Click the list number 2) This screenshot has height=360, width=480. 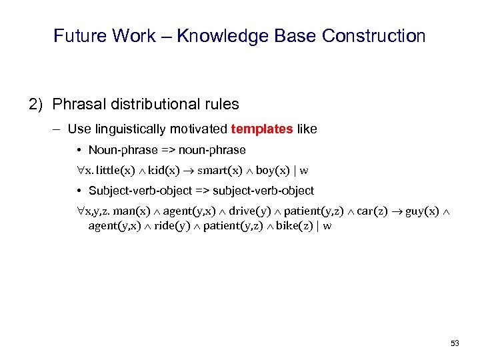(x=37, y=104)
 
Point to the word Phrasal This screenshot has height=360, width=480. (x=77, y=104)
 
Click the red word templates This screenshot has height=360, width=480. (x=261, y=129)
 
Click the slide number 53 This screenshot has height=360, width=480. (x=455, y=343)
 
